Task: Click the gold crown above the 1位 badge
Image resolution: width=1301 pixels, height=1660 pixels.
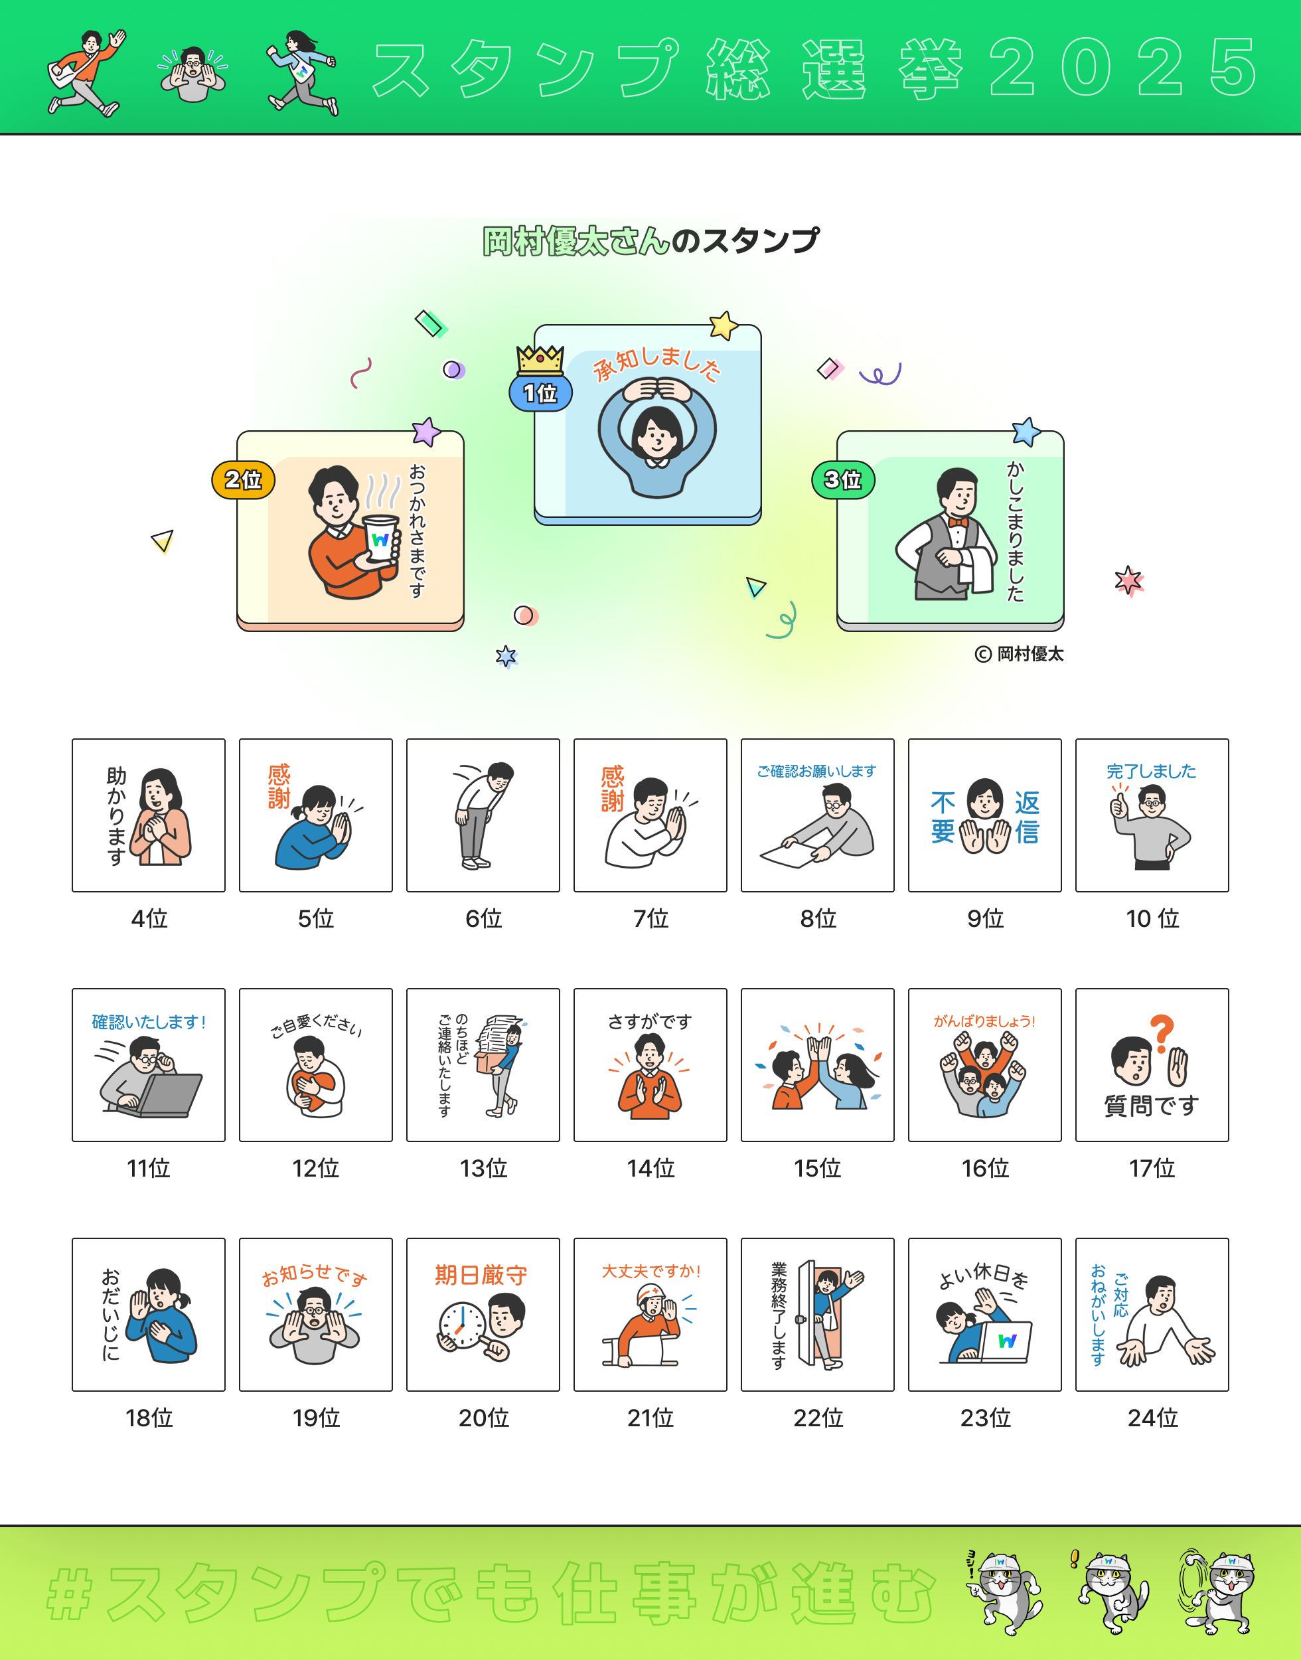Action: point(540,360)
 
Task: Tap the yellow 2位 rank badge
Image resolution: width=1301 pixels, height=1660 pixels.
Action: point(243,480)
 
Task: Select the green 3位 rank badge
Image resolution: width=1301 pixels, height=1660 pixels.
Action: point(843,480)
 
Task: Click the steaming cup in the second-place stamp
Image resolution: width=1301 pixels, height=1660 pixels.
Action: point(380,539)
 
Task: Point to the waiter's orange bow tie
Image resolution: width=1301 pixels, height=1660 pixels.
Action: point(957,522)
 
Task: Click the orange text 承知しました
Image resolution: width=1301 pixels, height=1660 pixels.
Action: point(656,363)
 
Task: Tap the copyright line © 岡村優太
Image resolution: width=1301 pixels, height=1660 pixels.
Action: point(1019,653)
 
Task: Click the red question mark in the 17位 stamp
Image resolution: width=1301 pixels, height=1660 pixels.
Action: point(1162,1033)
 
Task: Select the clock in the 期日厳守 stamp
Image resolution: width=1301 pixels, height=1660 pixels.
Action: point(461,1325)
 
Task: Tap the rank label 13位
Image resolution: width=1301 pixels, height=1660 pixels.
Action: point(483,1168)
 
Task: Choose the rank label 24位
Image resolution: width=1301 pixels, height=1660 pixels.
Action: point(1152,1418)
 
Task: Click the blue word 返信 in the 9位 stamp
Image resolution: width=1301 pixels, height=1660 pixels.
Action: point(1027,817)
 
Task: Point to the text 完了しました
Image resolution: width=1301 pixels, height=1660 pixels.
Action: point(1151,771)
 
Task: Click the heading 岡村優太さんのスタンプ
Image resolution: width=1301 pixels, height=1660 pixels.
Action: point(650,241)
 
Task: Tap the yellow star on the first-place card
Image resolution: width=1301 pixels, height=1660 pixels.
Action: point(724,325)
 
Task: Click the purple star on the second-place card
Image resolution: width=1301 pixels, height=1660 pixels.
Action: point(427,432)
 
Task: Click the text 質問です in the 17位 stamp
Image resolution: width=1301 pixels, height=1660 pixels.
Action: point(1152,1106)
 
